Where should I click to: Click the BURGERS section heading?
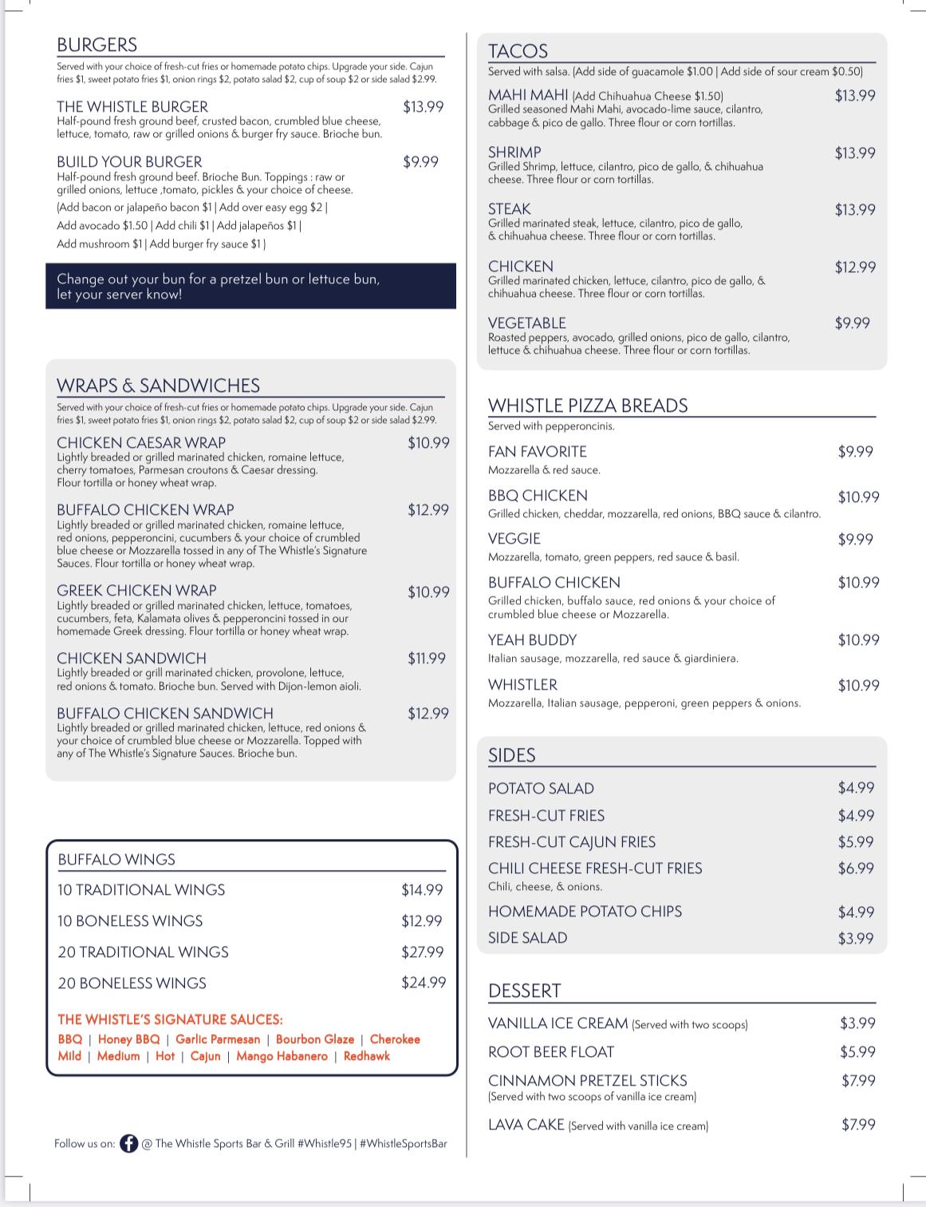(97, 45)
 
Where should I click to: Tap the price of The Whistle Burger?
(423, 107)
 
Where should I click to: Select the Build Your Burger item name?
(129, 162)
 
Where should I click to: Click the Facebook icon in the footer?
(128, 1144)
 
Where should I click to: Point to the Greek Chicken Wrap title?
(136, 591)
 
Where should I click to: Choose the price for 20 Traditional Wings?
(422, 952)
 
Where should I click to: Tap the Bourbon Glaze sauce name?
(314, 1039)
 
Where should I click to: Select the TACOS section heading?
(518, 51)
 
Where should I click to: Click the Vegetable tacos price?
(852, 323)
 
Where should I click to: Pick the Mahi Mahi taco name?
(528, 96)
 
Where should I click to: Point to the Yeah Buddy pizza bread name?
(532, 640)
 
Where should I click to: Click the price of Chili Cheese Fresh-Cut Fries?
(855, 869)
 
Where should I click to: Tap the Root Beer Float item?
(551, 1052)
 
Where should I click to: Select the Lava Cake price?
(858, 1125)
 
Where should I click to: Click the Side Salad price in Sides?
(855, 939)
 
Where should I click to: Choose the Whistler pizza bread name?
(522, 685)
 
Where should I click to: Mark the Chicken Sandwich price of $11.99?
(427, 659)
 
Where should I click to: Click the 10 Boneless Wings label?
(130, 921)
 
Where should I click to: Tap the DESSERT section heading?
(524, 991)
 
